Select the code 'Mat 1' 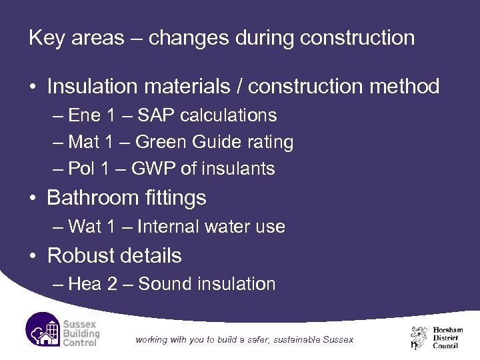click(x=94, y=142)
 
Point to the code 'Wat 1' click(x=95, y=227)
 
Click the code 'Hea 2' click(x=95, y=284)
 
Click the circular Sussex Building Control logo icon click(x=44, y=329)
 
